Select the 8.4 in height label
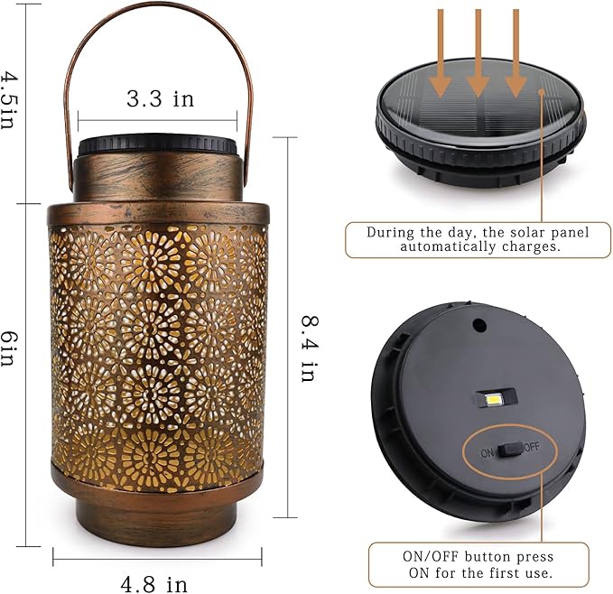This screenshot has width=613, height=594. tap(308, 348)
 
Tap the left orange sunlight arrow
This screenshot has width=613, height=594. tap(440, 54)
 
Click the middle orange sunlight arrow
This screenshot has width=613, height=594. tap(478, 54)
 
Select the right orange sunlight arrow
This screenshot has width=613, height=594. tap(515, 54)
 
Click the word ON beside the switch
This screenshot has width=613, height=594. tap(488, 451)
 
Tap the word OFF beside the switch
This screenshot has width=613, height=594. tap(532, 447)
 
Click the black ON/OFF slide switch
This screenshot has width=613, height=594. tap(510, 449)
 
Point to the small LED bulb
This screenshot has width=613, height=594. tap(495, 398)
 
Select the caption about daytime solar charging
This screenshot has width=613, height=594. tap(477, 239)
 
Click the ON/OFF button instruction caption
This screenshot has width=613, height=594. tap(478, 564)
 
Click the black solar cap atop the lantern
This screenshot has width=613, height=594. tap(157, 145)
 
